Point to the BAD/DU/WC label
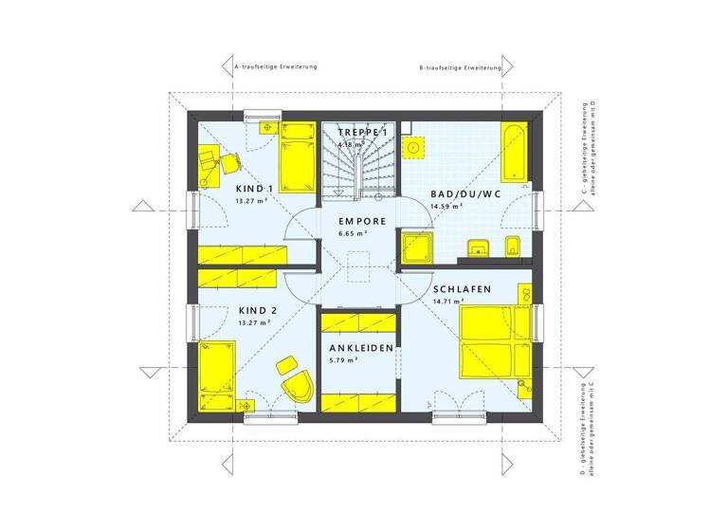pyautogui.click(x=464, y=193)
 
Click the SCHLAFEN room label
pyautogui.click(x=462, y=289)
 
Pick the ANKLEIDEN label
pyautogui.click(x=361, y=349)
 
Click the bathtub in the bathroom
pyautogui.click(x=512, y=152)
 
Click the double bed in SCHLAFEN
pyautogui.click(x=492, y=343)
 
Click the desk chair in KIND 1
pyautogui.click(x=229, y=162)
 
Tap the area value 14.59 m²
pyautogui.click(x=446, y=206)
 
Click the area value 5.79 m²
pyautogui.click(x=344, y=361)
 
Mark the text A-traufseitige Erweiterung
pyautogui.click(x=275, y=67)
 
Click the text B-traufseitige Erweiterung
pyautogui.click(x=460, y=68)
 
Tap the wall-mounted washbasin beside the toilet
pyautogui.click(x=477, y=249)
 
